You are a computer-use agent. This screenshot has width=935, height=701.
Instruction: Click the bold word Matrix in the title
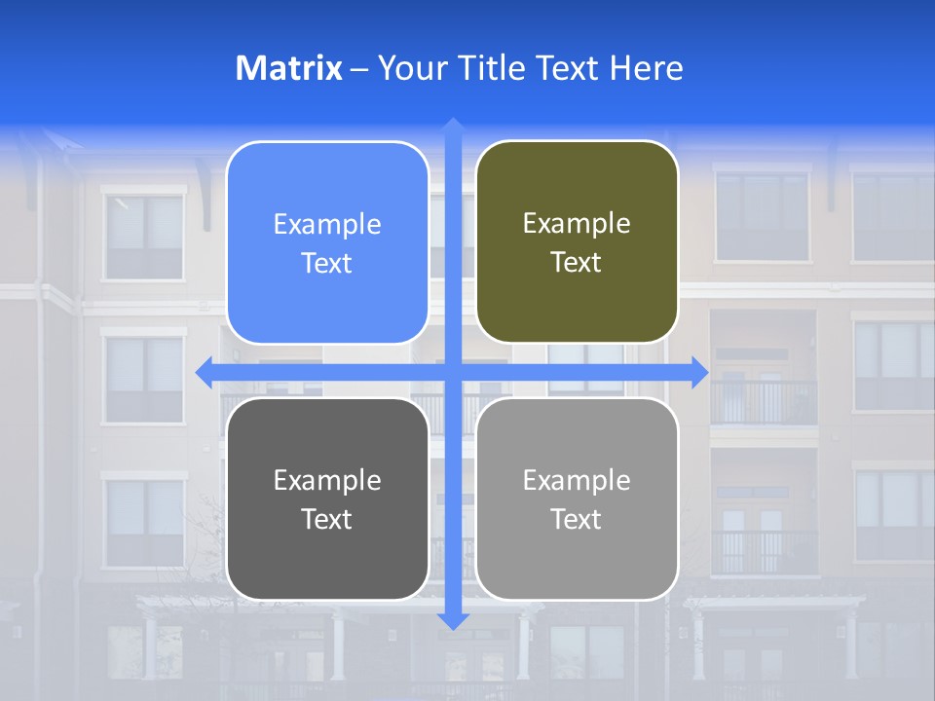pos(288,68)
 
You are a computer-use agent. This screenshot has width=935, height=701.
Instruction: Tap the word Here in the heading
pos(646,68)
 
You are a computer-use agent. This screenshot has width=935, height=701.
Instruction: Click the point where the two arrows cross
pos(453,371)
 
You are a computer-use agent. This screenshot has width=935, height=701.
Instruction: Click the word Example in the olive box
pos(577,224)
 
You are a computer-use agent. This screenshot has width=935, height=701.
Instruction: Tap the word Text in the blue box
pos(327,264)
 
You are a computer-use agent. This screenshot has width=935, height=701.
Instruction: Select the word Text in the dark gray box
pos(327,519)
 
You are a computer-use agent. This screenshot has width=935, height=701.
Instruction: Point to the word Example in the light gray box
pos(577,480)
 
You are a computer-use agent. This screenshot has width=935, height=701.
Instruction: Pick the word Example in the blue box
pos(327,225)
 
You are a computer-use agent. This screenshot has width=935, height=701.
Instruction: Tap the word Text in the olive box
pos(577,263)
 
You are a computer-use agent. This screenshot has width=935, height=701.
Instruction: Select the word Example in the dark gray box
pos(327,480)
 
